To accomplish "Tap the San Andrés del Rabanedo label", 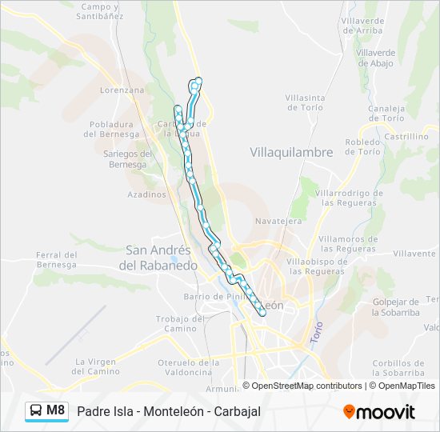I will coord(158,258).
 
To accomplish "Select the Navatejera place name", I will coord(278,220).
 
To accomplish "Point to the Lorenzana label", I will coord(122,90).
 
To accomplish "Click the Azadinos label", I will coord(146,194).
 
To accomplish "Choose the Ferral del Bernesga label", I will coord(56,259).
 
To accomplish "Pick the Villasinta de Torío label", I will coord(304,102).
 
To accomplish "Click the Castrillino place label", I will coord(406,137).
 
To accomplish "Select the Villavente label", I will coord(414,254).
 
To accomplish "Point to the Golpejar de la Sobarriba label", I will coord(395,306).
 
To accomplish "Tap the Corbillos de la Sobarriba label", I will coord(398,367).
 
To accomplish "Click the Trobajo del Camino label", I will coord(176,323).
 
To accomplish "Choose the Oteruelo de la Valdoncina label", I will coord(184,367).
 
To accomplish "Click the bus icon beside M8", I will coord(36,410).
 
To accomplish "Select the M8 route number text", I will coord(56,410).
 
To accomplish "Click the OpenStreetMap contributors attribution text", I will coord(306,386).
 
